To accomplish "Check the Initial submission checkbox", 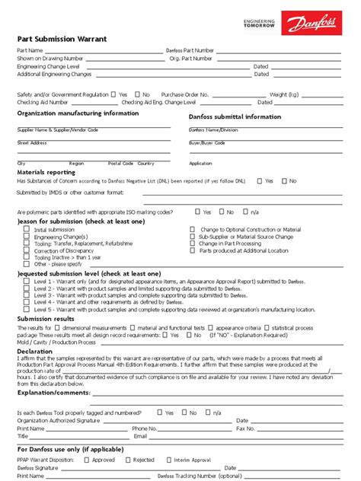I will point(27,229).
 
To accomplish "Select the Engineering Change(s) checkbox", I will point(27,236).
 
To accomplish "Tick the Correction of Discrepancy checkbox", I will point(27,250).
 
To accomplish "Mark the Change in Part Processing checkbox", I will point(192,244).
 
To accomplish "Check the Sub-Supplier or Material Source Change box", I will point(192,236).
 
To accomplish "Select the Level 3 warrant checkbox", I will point(27,295).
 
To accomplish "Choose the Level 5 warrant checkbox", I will point(27,310).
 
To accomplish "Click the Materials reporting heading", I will point(46,172).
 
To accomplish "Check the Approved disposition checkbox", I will point(86,460).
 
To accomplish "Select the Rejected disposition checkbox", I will point(127,460).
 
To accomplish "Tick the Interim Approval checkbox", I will point(171,460).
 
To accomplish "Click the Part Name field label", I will point(30,50).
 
